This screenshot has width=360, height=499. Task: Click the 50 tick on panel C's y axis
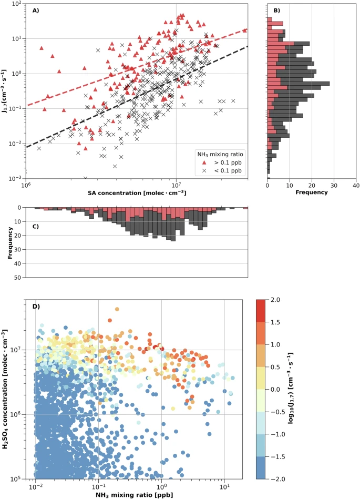pos(17,277)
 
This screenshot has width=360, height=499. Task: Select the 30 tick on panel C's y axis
pos(17,249)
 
